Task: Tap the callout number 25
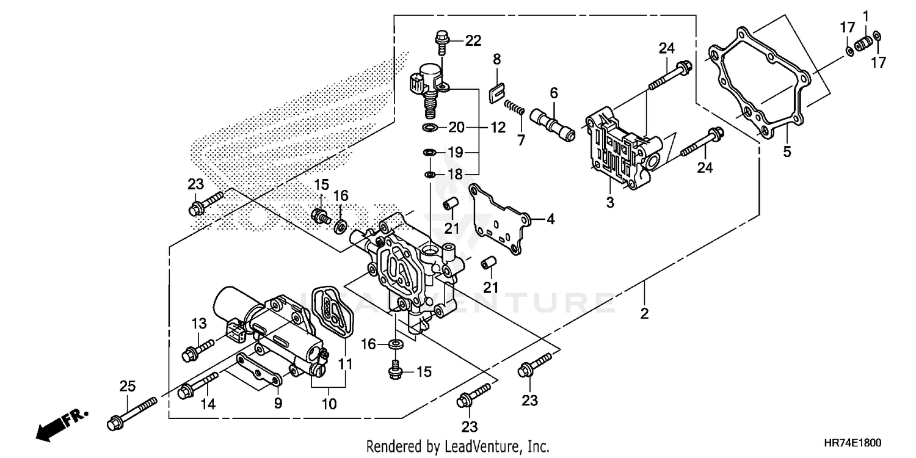click(x=126, y=386)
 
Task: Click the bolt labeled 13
click(x=197, y=349)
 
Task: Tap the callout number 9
click(x=278, y=403)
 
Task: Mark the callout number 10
click(x=330, y=404)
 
